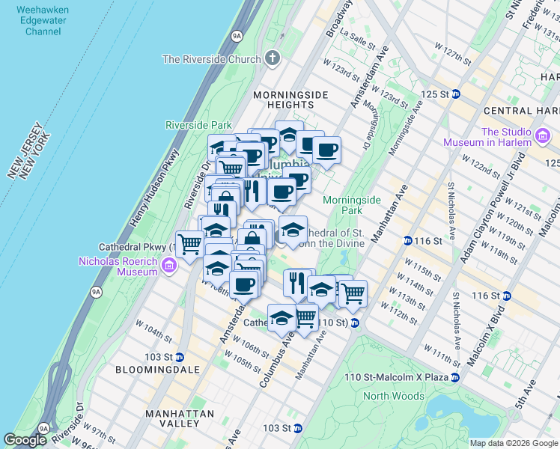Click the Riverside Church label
[x=211, y=58]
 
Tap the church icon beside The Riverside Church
[x=271, y=58]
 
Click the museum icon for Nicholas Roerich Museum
[x=169, y=264]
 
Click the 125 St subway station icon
[x=455, y=94]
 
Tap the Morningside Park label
[x=352, y=205]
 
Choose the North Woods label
[x=393, y=396]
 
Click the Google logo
[x=25, y=440]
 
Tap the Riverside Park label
[x=198, y=125]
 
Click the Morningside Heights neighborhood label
[x=290, y=100]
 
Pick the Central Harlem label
[x=522, y=111]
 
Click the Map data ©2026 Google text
[x=513, y=443]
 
